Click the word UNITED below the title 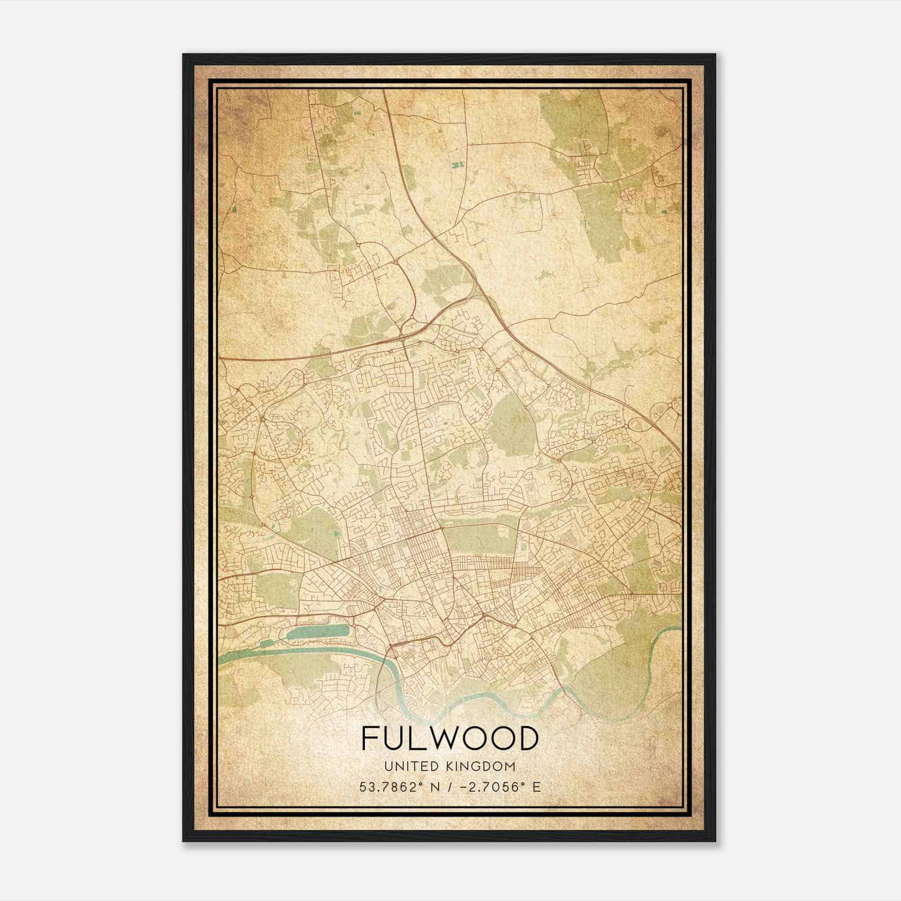point(404,766)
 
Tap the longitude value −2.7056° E point(499,787)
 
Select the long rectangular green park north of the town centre point(479,537)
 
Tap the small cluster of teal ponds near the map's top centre point(457,164)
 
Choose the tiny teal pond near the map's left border point(233,209)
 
